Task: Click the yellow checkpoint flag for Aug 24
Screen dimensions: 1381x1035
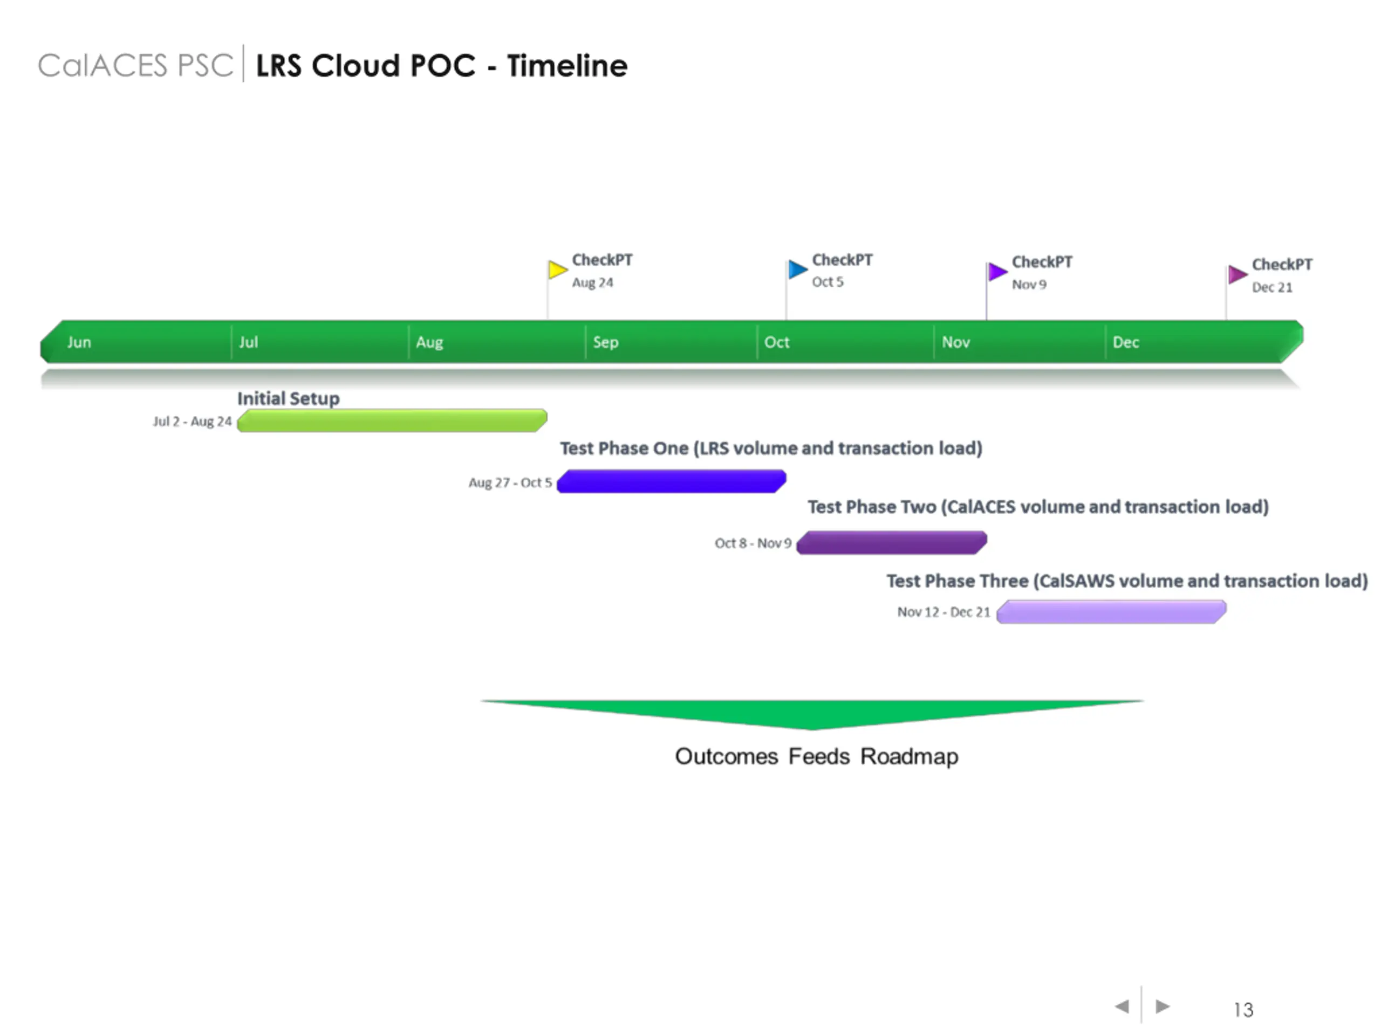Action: click(557, 270)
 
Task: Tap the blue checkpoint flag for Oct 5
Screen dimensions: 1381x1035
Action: click(798, 270)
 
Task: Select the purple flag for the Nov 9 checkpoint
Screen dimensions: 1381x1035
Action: click(997, 271)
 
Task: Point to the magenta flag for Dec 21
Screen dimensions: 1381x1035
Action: click(1238, 274)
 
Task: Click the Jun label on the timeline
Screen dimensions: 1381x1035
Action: click(79, 342)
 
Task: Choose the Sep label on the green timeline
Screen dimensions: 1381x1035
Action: click(606, 342)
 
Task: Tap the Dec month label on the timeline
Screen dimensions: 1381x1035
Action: click(1126, 342)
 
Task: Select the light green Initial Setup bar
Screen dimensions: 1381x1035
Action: click(392, 420)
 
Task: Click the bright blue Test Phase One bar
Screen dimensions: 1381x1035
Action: click(671, 481)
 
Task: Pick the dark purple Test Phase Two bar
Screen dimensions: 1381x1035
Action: click(892, 542)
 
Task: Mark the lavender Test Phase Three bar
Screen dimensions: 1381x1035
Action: click(1111, 611)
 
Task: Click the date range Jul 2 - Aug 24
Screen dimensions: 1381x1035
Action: click(192, 422)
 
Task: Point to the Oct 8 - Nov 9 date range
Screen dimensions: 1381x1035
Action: click(753, 543)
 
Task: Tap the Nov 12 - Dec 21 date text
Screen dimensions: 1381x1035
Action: click(944, 612)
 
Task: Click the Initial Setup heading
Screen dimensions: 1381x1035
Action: click(289, 398)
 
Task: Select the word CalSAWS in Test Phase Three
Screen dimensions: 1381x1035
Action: click(1077, 581)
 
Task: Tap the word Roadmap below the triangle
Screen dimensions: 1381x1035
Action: click(909, 756)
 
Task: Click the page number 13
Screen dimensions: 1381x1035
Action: click(1243, 1010)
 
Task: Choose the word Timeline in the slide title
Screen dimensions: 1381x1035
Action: click(567, 66)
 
